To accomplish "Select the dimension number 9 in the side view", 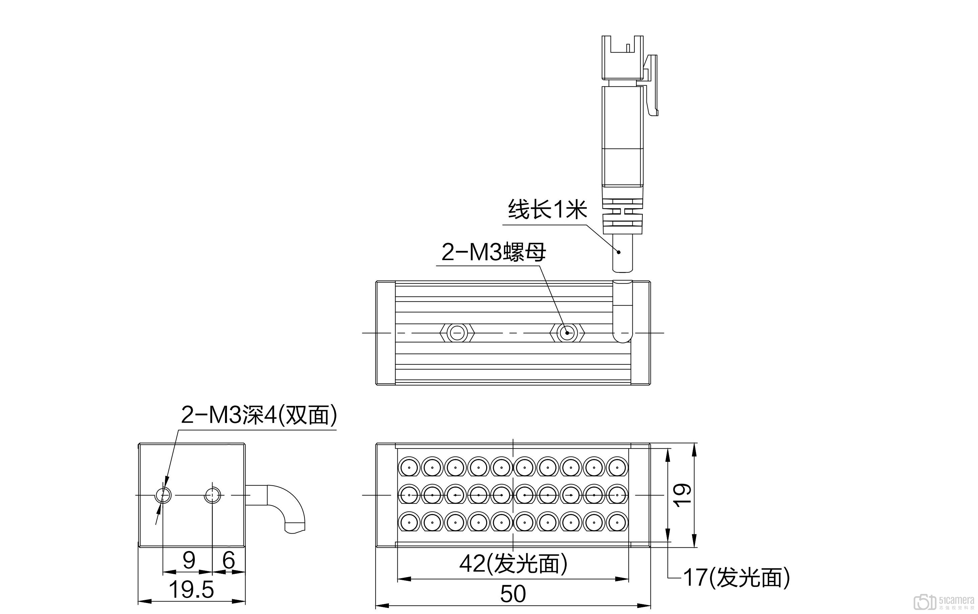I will click(x=188, y=560).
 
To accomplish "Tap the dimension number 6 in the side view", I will click(x=229, y=560).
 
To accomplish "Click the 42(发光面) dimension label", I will click(x=513, y=564).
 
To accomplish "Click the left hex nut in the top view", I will click(x=457, y=334).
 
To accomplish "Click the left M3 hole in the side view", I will click(x=163, y=495).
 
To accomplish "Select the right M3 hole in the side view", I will click(x=213, y=495).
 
